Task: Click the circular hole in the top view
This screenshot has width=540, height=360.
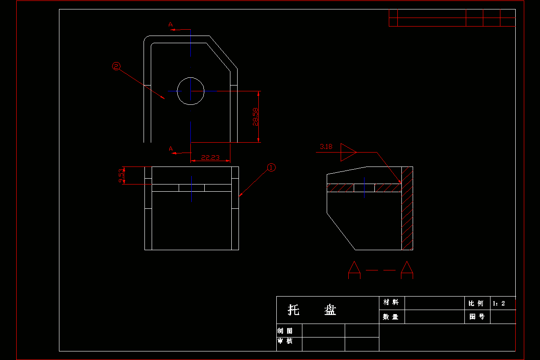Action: tap(191, 91)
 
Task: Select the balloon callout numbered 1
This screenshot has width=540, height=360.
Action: tap(271, 167)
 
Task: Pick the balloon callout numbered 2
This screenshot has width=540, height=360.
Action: tap(117, 67)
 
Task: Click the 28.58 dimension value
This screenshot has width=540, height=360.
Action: tap(256, 117)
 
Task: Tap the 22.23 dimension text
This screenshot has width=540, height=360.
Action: tap(210, 157)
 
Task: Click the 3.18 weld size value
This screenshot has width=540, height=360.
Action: tap(326, 147)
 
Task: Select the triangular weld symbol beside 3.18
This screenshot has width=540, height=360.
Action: tap(347, 152)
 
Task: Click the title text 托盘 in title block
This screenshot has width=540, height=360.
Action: tap(312, 310)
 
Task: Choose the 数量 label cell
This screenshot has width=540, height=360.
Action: tap(391, 317)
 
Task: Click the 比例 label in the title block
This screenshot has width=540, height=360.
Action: tap(476, 303)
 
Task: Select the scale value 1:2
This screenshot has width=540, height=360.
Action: tap(499, 303)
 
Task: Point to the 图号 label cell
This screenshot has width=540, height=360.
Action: tap(477, 317)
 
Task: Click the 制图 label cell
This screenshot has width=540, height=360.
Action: tap(285, 331)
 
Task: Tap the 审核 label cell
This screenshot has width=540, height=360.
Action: tap(285, 341)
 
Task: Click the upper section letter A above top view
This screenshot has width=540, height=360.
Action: tap(171, 25)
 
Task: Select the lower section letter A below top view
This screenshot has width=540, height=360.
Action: tap(171, 149)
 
